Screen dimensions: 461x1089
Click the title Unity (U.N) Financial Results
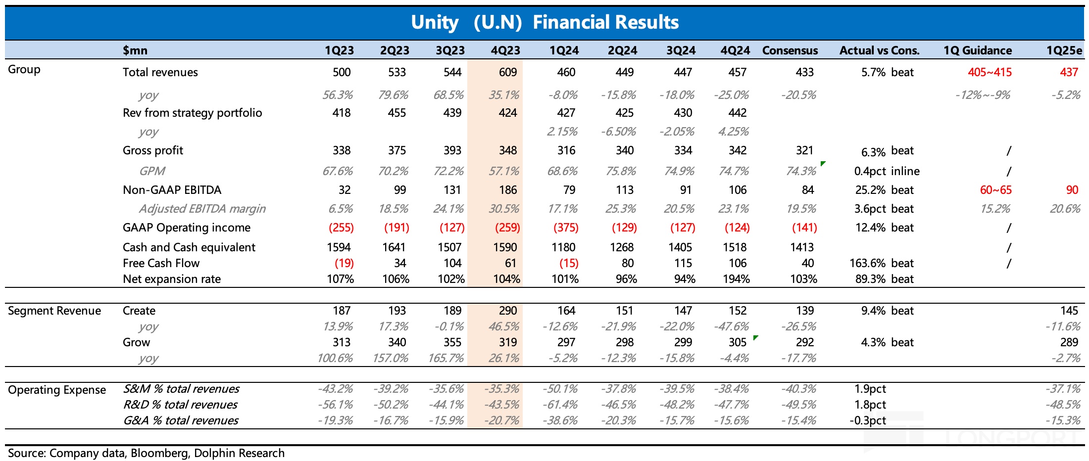pos(544,22)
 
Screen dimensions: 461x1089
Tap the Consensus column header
pos(790,50)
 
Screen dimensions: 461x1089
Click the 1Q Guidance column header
pos(977,50)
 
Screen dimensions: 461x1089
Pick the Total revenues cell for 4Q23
pos(508,72)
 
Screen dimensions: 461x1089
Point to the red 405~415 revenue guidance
pos(990,72)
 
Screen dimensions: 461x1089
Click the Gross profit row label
pos(153,150)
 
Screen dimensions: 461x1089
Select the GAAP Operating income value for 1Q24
pos(566,228)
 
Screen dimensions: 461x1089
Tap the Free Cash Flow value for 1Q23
pos(344,263)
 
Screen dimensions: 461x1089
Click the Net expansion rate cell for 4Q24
pos(736,279)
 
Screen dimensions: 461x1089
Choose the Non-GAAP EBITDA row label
pos(172,190)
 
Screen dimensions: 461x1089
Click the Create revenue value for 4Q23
pos(508,311)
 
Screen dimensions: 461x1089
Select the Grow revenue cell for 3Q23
pos(452,342)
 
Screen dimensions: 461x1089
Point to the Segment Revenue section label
pos(54,311)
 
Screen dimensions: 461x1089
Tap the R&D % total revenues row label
pos(180,405)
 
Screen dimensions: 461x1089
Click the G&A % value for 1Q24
pos(561,420)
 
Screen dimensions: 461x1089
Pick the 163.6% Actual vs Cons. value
pos(867,263)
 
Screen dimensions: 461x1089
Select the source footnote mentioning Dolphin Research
pos(146,453)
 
